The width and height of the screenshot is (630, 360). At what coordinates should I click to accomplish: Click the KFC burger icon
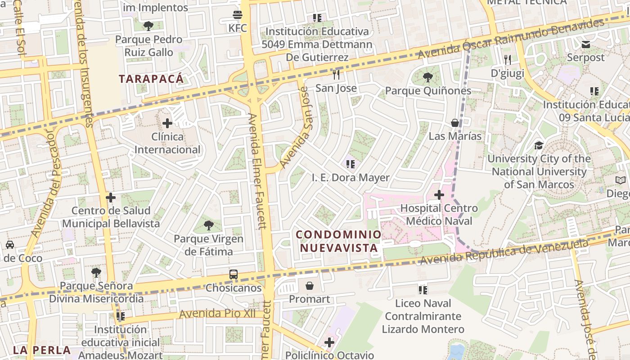[x=238, y=15]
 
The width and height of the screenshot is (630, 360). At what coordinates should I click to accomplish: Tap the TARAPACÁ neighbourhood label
[x=151, y=79]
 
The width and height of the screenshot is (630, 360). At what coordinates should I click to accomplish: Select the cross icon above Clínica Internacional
[x=167, y=123]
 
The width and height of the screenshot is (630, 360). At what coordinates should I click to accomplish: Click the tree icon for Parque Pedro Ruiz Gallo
[x=148, y=26]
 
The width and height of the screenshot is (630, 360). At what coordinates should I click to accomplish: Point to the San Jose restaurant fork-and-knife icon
[x=336, y=74]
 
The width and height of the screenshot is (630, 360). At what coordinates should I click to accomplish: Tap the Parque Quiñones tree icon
[x=428, y=77]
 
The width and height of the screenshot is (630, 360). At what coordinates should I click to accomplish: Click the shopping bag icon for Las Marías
[x=455, y=123]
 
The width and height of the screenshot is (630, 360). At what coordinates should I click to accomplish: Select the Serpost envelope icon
[x=585, y=45]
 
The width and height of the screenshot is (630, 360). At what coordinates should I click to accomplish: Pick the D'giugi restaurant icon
[x=508, y=59]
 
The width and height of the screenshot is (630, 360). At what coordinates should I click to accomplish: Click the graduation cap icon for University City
[x=539, y=145]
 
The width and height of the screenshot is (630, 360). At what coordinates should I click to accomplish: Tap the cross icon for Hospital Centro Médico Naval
[x=439, y=195]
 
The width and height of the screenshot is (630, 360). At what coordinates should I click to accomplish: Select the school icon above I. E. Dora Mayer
[x=351, y=164]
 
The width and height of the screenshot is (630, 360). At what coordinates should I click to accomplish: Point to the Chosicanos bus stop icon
[x=234, y=274]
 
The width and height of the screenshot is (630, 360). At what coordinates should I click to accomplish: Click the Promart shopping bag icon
[x=310, y=286]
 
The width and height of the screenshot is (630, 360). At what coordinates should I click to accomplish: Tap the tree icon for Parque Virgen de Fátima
[x=208, y=225]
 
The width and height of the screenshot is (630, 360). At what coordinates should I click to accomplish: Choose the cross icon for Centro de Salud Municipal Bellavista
[x=111, y=198]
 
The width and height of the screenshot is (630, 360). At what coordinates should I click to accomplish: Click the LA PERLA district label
[x=42, y=350]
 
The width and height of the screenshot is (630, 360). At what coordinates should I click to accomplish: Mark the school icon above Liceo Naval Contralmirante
[x=423, y=290]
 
